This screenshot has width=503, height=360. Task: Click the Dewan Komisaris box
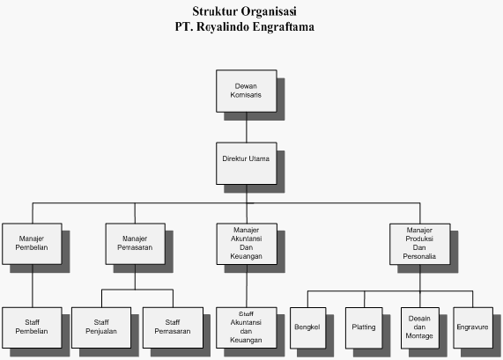pyautogui.click(x=247, y=91)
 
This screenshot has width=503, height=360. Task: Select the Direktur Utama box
pyautogui.click(x=247, y=164)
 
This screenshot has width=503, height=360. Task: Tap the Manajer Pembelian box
pyautogui.click(x=32, y=244)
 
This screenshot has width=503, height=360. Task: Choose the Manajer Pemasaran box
pyautogui.click(x=136, y=244)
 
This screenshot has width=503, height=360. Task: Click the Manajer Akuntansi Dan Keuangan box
pyautogui.click(x=247, y=244)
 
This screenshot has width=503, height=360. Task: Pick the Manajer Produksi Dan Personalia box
pyautogui.click(x=420, y=245)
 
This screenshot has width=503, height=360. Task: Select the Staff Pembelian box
pyautogui.click(x=32, y=327)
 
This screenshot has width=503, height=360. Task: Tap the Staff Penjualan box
pyautogui.click(x=101, y=327)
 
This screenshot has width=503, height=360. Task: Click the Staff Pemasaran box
pyautogui.click(x=173, y=327)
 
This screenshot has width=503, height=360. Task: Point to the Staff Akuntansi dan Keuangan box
pyautogui.click(x=247, y=327)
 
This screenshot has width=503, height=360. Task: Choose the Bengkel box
pyautogui.click(x=308, y=328)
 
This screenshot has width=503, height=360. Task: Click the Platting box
pyautogui.click(x=364, y=328)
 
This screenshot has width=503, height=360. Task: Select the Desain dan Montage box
pyautogui.click(x=420, y=328)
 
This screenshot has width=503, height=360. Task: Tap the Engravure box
pyautogui.click(x=473, y=328)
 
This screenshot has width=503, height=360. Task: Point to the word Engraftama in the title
pyautogui.click(x=284, y=26)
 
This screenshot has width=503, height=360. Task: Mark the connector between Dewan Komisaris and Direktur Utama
pyautogui.click(x=247, y=128)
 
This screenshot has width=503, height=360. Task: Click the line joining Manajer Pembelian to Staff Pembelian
pyautogui.click(x=33, y=286)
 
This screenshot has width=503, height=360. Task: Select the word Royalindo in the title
pyautogui.click(x=223, y=26)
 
